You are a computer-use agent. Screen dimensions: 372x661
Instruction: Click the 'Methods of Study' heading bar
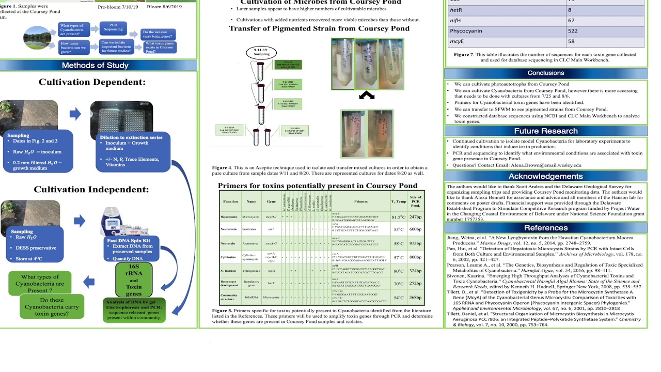tap(98, 65)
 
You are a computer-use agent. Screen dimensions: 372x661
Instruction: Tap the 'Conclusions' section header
tap(545, 73)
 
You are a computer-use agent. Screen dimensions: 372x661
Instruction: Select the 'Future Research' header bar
tap(545, 131)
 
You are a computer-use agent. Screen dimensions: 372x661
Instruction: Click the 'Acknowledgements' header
tap(545, 176)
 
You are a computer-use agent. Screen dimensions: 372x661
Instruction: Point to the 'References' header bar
tap(545, 227)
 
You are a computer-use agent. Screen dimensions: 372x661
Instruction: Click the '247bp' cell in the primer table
tap(415, 218)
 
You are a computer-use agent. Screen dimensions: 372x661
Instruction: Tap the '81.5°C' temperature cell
tap(398, 218)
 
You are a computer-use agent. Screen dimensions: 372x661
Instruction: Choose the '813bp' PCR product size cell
tap(415, 243)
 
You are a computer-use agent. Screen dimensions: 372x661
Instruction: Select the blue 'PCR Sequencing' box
tap(114, 27)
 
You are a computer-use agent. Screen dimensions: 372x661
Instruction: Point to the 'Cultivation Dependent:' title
tap(92, 82)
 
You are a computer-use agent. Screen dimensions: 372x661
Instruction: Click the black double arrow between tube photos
tap(366, 96)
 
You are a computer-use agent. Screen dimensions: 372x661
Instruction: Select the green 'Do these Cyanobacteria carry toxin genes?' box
tap(52, 306)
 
